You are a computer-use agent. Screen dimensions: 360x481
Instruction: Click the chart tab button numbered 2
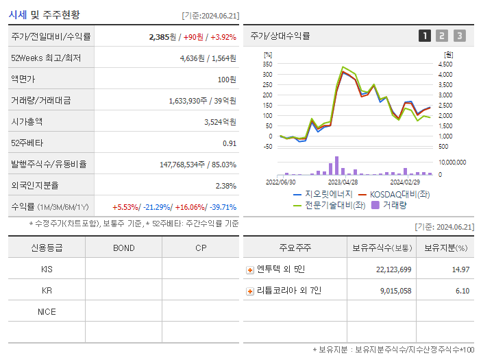click(442, 36)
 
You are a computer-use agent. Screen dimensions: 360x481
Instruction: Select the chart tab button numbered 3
click(459, 36)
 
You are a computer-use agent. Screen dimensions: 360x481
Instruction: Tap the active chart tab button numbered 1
click(425, 36)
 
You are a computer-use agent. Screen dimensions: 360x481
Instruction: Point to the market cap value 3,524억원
click(220, 122)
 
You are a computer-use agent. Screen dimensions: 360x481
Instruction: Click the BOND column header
click(123, 248)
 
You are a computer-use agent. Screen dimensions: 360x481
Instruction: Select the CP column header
click(200, 248)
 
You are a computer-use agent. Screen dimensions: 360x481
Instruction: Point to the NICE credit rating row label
click(47, 312)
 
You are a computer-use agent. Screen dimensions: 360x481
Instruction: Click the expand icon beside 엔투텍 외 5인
click(250, 270)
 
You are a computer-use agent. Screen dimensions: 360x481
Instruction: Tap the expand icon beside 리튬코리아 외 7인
click(250, 291)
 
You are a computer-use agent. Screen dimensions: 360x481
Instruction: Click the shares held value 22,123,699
click(393, 270)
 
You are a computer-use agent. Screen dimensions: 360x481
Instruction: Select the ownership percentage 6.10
click(462, 291)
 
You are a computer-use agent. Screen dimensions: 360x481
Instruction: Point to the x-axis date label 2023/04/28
click(343, 182)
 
